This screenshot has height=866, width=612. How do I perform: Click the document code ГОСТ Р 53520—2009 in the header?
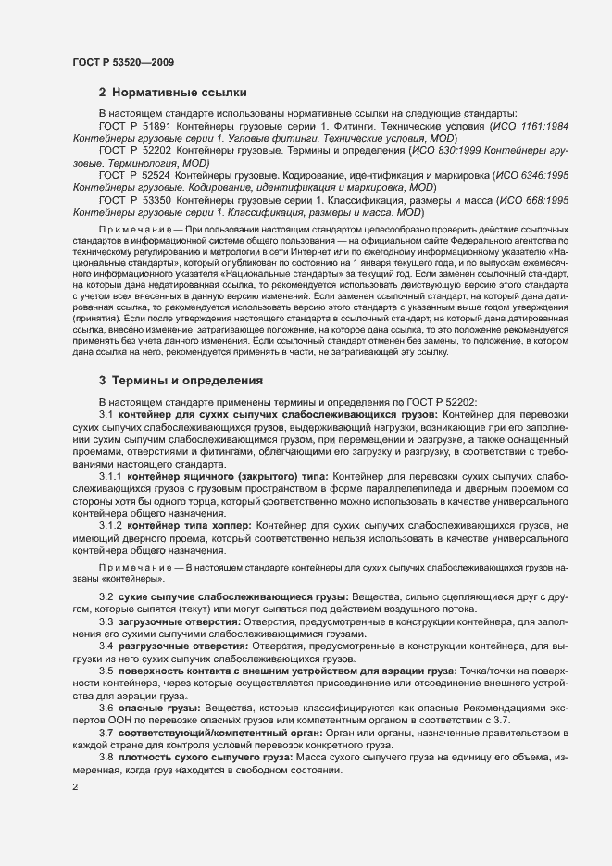(x=122, y=62)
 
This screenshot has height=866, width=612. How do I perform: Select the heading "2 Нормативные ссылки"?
(x=172, y=93)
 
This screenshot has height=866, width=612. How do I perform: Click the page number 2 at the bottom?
(x=75, y=786)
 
